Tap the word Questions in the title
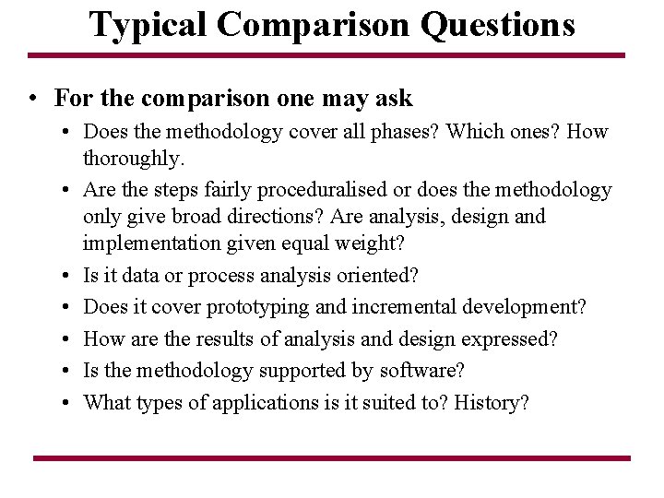[x=498, y=25]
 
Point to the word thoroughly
[x=134, y=159]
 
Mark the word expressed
[x=510, y=338]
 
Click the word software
[x=420, y=371]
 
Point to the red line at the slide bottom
[x=332, y=457]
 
